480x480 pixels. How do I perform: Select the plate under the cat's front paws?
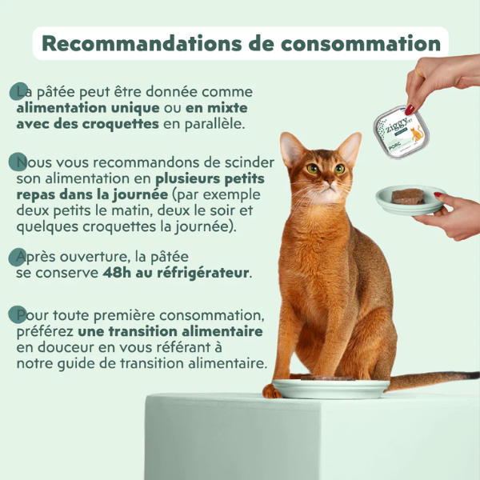point(329,389)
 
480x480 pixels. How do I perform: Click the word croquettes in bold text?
point(120,124)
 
